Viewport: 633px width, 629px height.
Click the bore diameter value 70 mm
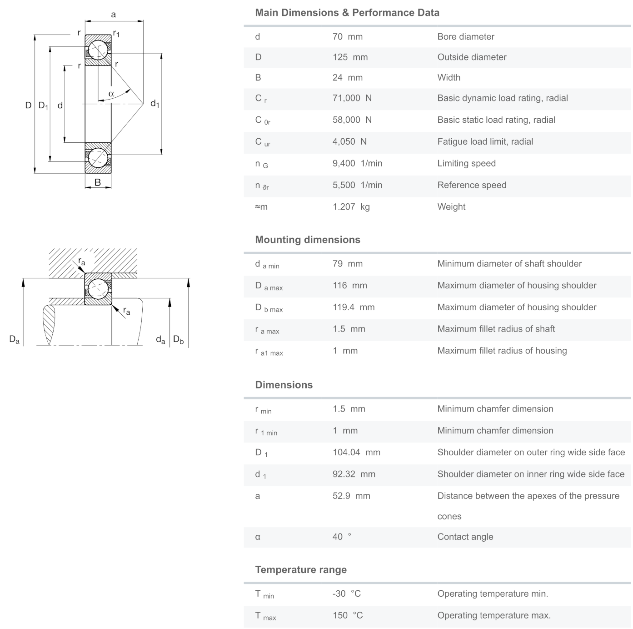pyautogui.click(x=348, y=37)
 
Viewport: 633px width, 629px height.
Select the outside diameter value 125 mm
pyautogui.click(x=350, y=57)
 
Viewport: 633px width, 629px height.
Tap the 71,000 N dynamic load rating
pyautogui.click(x=352, y=98)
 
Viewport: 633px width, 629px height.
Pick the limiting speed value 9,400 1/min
pyautogui.click(x=357, y=163)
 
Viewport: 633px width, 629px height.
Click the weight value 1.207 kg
pyautogui.click(x=351, y=207)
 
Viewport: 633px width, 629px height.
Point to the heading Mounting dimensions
pyautogui.click(x=308, y=240)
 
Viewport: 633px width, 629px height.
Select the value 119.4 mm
pyautogui.click(x=354, y=307)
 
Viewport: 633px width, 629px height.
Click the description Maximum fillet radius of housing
pyautogui.click(x=502, y=351)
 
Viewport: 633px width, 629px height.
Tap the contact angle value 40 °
pyautogui.click(x=342, y=537)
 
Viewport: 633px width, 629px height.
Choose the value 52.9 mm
pyautogui.click(x=351, y=496)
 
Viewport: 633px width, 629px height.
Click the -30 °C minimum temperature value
pyautogui.click(x=346, y=594)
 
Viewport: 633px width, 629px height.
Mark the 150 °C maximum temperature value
pyautogui.click(x=348, y=615)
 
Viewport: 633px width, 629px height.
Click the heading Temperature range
pyautogui.click(x=301, y=570)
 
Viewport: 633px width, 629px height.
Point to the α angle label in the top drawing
pyautogui.click(x=111, y=94)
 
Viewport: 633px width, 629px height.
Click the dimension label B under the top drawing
pyautogui.click(x=98, y=183)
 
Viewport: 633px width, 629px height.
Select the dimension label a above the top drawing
pyautogui.click(x=114, y=15)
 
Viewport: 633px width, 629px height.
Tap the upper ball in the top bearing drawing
pyautogui.click(x=98, y=50)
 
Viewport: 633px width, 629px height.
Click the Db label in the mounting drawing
pyautogui.click(x=179, y=340)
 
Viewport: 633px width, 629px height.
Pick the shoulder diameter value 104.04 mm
pyautogui.click(x=356, y=453)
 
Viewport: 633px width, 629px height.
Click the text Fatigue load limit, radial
pyautogui.click(x=485, y=142)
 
